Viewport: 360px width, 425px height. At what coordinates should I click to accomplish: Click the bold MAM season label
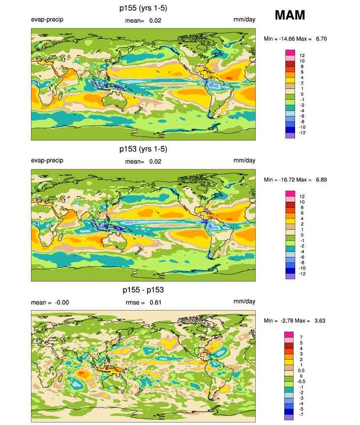click(290, 15)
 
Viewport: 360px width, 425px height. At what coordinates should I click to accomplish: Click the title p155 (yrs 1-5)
click(143, 8)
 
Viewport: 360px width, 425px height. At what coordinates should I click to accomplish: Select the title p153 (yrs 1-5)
click(143, 149)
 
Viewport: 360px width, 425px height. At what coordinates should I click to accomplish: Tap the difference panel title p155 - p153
click(143, 290)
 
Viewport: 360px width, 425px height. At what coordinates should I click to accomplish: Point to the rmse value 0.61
click(155, 303)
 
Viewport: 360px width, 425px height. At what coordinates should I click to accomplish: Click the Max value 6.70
click(321, 39)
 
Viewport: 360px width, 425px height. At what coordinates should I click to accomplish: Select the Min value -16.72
click(287, 180)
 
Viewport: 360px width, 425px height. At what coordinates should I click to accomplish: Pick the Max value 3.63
click(320, 321)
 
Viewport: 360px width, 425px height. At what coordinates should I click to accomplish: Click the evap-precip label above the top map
click(47, 20)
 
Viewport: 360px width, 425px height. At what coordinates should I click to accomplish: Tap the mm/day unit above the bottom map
click(244, 301)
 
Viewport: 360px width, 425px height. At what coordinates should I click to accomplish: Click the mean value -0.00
click(62, 303)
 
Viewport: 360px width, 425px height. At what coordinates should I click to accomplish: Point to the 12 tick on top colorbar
click(302, 56)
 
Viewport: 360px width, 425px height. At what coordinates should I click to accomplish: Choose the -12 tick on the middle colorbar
click(302, 274)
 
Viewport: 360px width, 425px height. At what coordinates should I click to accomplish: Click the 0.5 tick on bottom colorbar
click(301, 370)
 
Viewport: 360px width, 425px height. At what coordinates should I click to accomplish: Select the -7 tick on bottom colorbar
click(301, 415)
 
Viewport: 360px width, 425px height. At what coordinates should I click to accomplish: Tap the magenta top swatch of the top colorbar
click(290, 53)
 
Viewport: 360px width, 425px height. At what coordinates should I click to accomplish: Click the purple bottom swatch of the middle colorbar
click(290, 276)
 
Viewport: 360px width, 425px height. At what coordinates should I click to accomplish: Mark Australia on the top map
click(115, 101)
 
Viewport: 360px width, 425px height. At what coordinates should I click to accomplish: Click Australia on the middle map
click(115, 242)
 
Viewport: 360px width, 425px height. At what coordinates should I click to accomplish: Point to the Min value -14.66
click(287, 39)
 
